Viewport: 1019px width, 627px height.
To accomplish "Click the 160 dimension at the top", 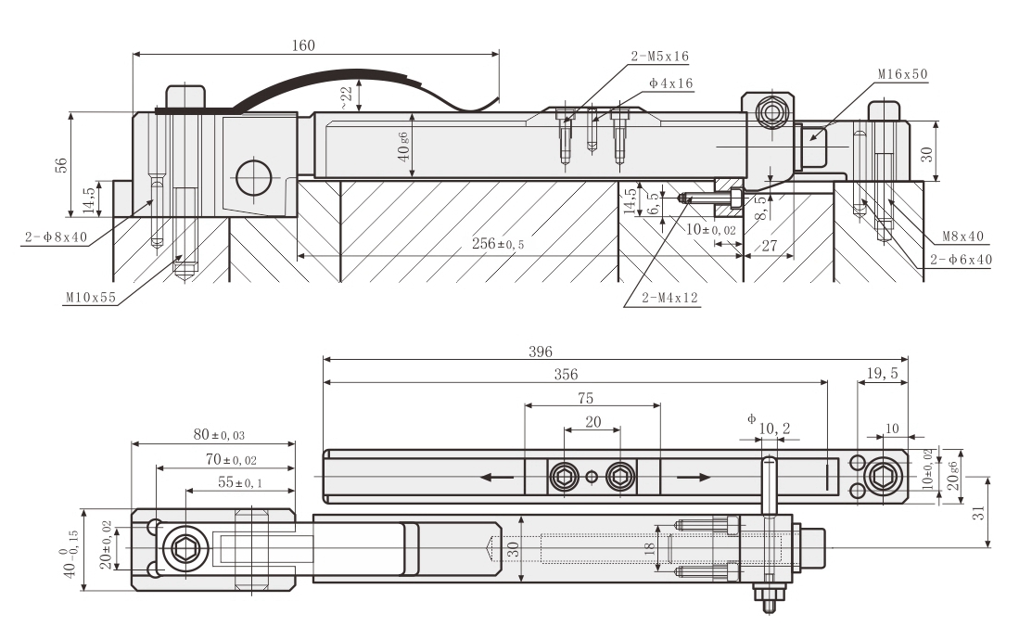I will coord(303,45).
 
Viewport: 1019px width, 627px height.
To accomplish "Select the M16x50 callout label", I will coord(903,73).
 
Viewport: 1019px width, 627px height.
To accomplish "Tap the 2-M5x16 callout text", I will coord(659,57).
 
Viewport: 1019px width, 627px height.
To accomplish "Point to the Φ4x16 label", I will coord(671,83).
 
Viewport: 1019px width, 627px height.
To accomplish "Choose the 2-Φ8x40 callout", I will coord(54,237).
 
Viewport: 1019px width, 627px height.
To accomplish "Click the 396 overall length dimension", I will coord(540,352).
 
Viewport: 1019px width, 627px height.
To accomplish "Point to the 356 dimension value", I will coord(566,375).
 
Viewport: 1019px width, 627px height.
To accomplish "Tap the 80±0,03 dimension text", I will coord(213,434).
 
